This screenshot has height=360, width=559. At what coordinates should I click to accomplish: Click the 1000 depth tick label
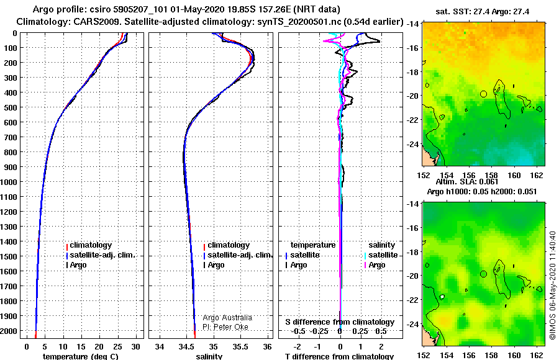(x=9, y=182)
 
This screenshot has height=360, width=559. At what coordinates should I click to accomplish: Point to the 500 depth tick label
(x=11, y=107)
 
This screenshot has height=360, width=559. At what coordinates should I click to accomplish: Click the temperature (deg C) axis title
(x=81, y=356)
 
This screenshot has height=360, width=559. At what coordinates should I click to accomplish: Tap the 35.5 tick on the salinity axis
(x=240, y=347)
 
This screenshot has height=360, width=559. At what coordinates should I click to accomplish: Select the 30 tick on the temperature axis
(x=135, y=347)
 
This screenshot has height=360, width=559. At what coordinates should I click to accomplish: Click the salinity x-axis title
(x=209, y=356)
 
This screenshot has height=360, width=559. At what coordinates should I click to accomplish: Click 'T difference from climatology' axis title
(x=339, y=356)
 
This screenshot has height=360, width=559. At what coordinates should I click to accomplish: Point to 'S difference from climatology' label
(x=340, y=322)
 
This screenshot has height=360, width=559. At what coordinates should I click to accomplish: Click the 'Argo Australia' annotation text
(x=227, y=318)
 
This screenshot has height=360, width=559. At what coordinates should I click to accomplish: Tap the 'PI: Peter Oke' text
(x=225, y=327)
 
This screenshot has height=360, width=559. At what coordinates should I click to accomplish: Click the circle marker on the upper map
(x=483, y=94)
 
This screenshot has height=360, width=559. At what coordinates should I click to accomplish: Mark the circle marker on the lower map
(x=483, y=274)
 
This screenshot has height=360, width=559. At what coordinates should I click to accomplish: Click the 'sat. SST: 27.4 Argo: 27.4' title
(x=483, y=12)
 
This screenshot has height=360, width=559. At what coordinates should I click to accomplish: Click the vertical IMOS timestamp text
(x=553, y=285)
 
